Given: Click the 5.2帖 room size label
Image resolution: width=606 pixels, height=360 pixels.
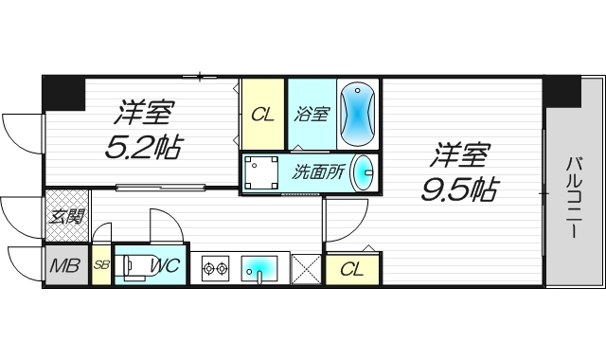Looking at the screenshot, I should coord(145,146).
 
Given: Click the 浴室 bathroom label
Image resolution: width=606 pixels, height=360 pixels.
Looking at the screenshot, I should coord(312,115).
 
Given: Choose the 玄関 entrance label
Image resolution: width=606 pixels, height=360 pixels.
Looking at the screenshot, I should coord(65,216).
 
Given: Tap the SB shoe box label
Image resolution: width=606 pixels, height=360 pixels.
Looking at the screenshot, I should coord(101,266).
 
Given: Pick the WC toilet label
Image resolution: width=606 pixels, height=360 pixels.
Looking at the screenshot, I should coord(164,266).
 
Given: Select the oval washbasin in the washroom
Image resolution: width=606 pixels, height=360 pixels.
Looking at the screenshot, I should coord(363,173).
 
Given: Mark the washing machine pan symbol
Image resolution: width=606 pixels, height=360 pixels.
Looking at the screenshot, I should coord(262,173).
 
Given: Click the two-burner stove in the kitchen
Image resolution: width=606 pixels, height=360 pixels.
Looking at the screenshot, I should coord(216,268).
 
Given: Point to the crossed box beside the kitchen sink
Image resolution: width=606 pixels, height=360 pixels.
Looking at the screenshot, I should coord(306,268).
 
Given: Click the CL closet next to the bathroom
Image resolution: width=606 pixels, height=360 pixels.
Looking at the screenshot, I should coord(262,115).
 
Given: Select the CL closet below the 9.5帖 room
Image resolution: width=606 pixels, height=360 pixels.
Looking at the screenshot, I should coord(351,269).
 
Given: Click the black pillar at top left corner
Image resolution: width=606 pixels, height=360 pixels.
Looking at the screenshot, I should coord(63,93).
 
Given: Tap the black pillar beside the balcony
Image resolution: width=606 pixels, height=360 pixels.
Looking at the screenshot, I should coord(561,91).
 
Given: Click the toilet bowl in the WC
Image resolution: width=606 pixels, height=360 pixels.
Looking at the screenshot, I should coord(136,266).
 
